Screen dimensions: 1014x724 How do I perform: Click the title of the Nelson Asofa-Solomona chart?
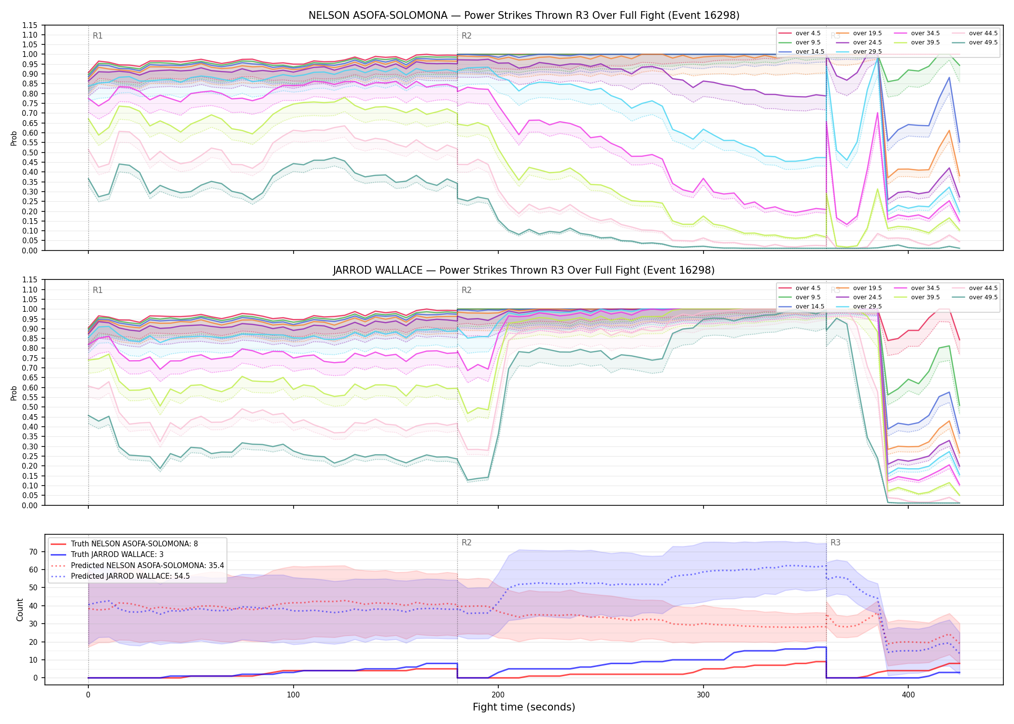524,15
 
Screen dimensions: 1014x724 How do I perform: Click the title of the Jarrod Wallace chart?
524,270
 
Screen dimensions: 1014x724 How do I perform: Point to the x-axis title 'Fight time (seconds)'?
524,707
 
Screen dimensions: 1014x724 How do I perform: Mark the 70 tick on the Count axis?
33,552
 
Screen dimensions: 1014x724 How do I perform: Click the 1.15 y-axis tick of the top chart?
30,25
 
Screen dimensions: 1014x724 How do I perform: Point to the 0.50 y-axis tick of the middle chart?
30,407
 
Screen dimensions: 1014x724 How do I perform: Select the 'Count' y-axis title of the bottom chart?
20,610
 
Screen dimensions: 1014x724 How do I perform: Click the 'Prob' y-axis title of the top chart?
14,138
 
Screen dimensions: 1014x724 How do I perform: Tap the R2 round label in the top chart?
466,36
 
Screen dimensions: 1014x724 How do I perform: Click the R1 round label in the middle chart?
98,290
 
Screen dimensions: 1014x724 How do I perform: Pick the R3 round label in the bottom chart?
835,543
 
